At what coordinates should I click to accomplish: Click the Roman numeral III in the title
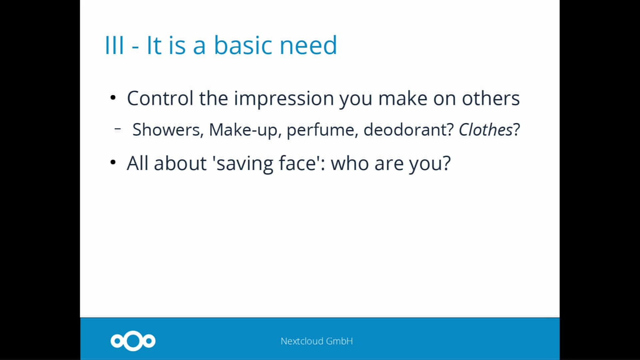point(114,45)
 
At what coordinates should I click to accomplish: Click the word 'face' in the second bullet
point(297,163)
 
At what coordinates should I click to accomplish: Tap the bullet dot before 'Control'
point(113,98)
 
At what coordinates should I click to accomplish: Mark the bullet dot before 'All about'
point(113,162)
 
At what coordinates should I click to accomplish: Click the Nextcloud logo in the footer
point(133,341)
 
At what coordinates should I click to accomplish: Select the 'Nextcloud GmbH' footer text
point(317,341)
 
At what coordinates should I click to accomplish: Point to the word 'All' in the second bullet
point(137,163)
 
